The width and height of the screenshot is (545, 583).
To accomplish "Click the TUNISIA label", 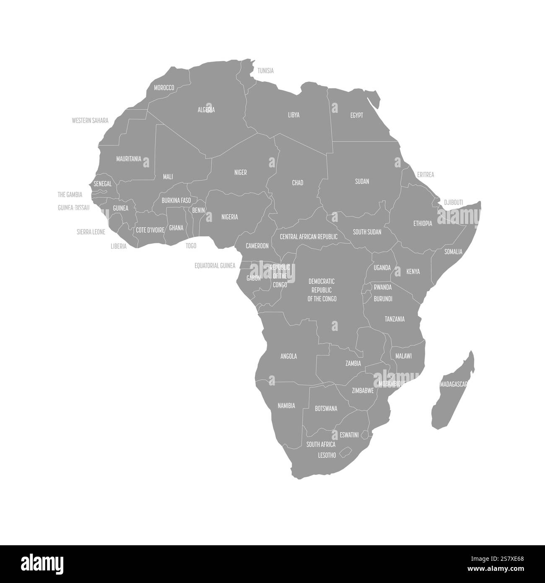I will point(265,70).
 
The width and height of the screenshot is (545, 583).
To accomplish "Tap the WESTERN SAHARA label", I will point(90,120).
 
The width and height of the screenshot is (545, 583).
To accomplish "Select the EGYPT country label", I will point(356,115).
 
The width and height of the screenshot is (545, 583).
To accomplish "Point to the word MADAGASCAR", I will point(454,384).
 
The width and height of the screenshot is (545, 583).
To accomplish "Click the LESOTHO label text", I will point(327,455).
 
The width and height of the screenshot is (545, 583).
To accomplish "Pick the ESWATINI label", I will point(349,435).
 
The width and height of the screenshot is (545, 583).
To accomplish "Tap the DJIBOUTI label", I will point(453,202).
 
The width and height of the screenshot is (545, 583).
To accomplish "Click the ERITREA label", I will point(426,174).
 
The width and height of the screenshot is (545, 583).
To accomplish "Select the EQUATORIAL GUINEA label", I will point(215,265).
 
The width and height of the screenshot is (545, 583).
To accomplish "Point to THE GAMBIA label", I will point(70,195).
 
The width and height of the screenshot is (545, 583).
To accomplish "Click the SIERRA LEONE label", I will point(91,232).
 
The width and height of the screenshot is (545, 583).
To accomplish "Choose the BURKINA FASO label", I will point(176,200).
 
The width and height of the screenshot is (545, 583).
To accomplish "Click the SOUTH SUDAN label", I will point(367,232).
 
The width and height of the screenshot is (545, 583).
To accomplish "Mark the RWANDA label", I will point(382,287).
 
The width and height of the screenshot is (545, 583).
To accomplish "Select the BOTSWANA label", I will point(326,408).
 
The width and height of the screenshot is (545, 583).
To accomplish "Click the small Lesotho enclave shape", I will point(346,453).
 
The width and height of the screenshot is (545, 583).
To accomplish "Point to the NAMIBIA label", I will point(286,406).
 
